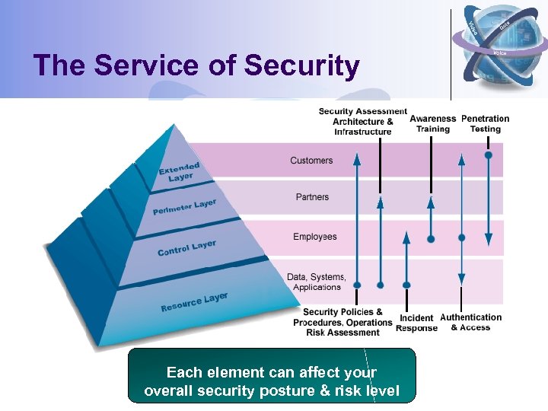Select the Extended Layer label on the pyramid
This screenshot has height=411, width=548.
tap(180, 172)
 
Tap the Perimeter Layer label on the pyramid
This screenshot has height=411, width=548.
tap(184, 207)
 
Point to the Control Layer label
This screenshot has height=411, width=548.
tap(186, 248)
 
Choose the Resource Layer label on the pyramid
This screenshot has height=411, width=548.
tap(194, 302)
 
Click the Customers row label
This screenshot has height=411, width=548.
tap(311, 161)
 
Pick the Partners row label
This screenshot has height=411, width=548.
tap(312, 197)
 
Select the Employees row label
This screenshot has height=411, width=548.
tap(314, 237)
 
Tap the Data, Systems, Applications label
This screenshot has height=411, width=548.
tap(316, 282)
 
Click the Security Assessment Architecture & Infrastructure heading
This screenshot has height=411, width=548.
tap(362, 122)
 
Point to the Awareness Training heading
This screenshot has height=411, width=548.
tap(432, 123)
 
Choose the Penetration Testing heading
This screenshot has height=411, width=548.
tap(485, 123)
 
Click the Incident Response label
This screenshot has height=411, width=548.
tap(416, 323)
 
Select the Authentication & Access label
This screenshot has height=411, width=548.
tap(470, 322)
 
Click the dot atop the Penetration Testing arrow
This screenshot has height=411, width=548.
tap(489, 155)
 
